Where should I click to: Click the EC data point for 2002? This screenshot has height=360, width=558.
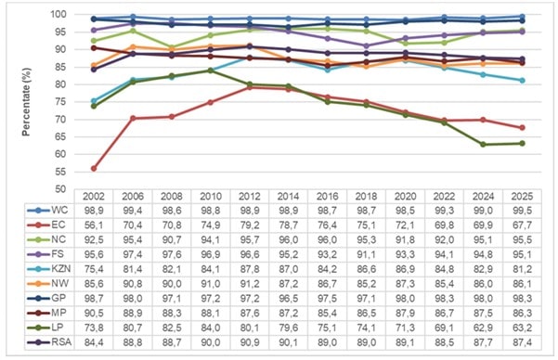[x=94, y=168]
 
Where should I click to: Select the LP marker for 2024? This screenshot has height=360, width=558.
[x=483, y=145]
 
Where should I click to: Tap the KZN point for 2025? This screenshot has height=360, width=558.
[x=522, y=81]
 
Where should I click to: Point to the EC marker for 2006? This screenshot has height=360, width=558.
[x=133, y=118]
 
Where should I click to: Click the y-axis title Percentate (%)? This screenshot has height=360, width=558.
[x=26, y=102]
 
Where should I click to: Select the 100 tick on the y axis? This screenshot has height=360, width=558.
[x=58, y=15]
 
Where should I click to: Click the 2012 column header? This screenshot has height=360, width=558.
[x=250, y=196]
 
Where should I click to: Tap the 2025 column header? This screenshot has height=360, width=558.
[x=522, y=196]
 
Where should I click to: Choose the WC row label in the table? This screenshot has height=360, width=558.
[x=59, y=210]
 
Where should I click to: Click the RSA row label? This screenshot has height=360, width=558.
[x=61, y=341]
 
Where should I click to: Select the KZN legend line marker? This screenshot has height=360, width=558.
[x=38, y=269]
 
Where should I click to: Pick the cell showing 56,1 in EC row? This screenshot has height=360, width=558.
[x=94, y=225]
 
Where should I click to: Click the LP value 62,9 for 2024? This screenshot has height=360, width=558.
[x=483, y=328]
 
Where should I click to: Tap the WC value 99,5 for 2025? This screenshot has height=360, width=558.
[x=522, y=211]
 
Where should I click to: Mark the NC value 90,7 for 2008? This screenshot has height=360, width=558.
[x=172, y=239]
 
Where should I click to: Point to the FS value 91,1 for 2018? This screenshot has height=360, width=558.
[x=366, y=254]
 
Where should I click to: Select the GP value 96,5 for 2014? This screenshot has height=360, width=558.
[x=288, y=298]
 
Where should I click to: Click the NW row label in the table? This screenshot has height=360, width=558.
[x=59, y=283]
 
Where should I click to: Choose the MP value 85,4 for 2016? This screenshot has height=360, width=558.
[x=328, y=313]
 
